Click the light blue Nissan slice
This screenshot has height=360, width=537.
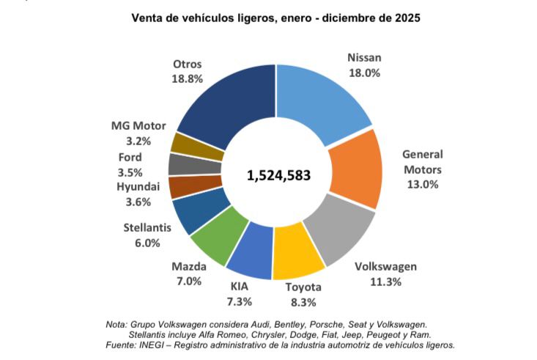322,99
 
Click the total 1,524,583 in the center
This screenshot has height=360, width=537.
278,176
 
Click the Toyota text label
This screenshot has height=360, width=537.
302,287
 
